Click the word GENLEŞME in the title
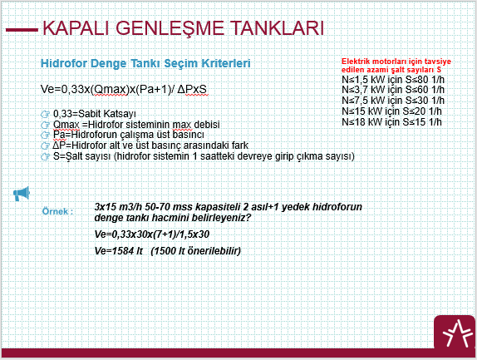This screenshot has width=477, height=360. (170, 28)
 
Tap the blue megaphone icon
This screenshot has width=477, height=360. (22, 194)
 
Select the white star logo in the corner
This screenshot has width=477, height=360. (455, 333)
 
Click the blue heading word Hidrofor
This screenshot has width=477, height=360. (64, 63)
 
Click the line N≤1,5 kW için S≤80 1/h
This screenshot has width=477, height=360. (393, 80)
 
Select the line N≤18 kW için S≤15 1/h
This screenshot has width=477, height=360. (392, 121)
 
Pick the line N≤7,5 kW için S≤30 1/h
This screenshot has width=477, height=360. (393, 100)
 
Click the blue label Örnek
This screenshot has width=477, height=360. (57, 211)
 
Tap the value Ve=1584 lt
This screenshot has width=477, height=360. (119, 251)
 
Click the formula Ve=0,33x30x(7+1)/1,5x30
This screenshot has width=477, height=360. (152, 234)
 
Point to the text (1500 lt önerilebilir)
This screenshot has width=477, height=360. (196, 251)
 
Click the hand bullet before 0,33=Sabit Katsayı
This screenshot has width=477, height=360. (45, 115)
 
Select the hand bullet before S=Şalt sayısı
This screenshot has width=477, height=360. (45, 156)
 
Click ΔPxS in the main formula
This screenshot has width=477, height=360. (192, 90)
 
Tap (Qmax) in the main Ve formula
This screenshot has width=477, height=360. (110, 90)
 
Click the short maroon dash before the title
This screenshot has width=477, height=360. (22, 30)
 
